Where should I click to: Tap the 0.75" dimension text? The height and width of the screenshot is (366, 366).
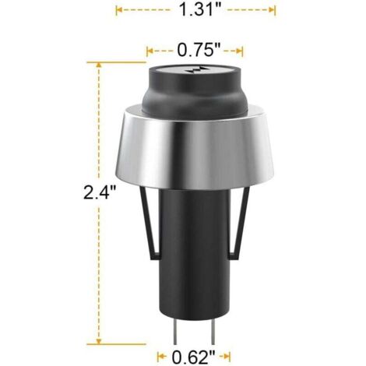coord(195,51)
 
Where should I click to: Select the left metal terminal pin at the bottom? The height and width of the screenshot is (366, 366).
coord(176,326)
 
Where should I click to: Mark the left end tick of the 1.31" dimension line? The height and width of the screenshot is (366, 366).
coord(116,10)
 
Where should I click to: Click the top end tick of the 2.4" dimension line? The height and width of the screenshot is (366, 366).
coord(99,65)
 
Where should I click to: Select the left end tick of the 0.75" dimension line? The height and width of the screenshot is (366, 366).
coord(146,51)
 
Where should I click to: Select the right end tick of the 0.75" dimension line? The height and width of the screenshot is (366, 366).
coord(242,51)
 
